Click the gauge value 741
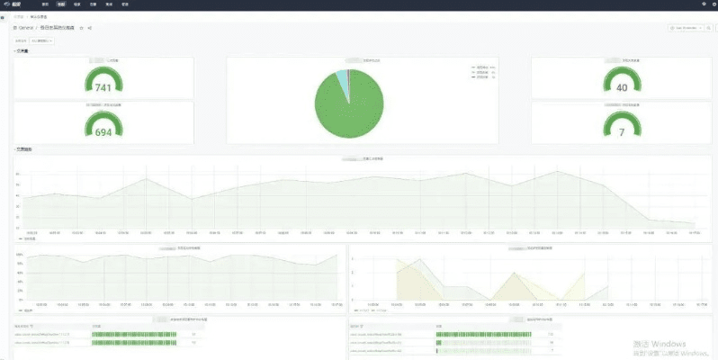[x=103, y=87]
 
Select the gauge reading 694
[x=103, y=132]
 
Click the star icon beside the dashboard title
[x=81, y=28]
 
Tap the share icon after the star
[x=90, y=28]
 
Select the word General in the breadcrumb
[x=31, y=28]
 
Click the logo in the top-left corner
[x=15, y=4]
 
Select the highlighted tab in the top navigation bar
[x=61, y=4]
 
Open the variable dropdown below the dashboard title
[x=42, y=40]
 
